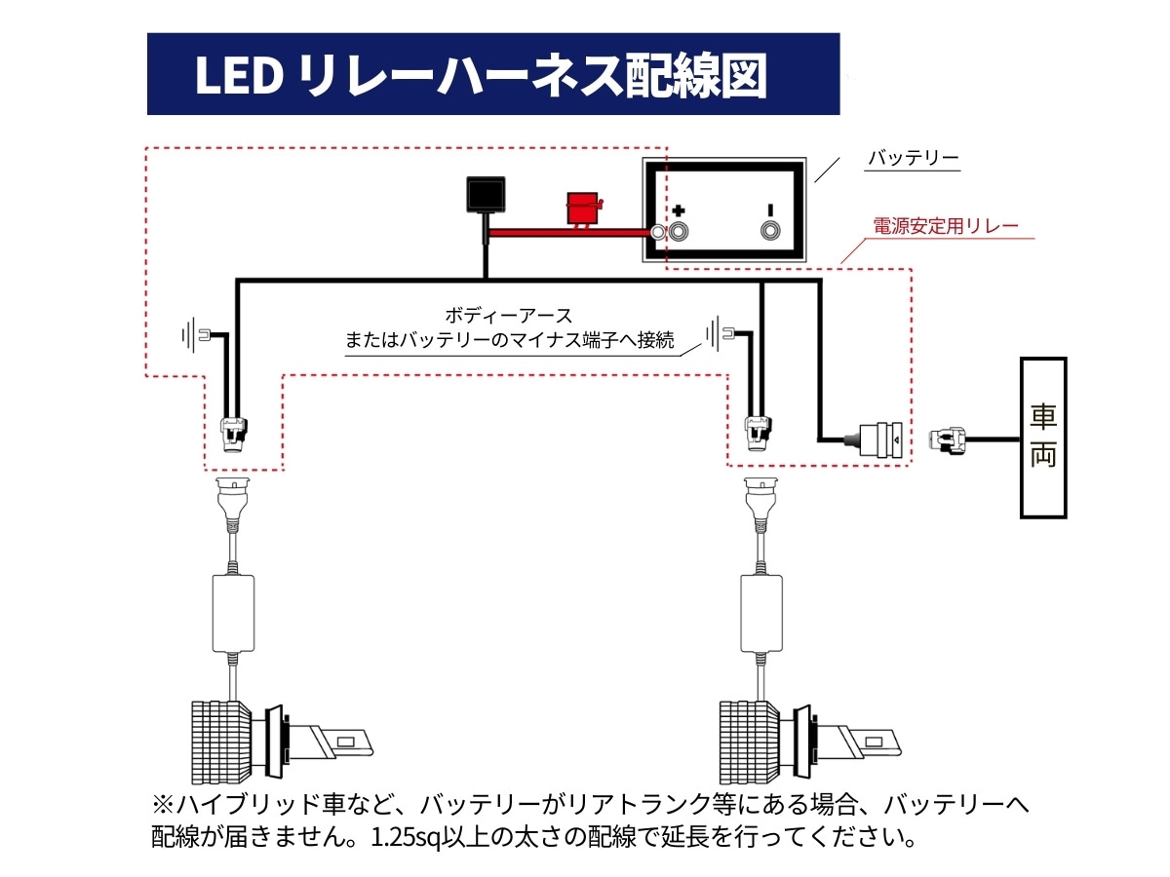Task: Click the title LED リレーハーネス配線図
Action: tap(481, 76)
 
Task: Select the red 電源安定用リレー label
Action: tap(945, 227)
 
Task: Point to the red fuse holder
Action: tap(584, 209)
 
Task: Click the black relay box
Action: tap(486, 194)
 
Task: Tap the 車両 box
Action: tap(1042, 437)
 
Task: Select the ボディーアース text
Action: tap(508, 316)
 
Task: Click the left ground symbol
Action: tap(191, 336)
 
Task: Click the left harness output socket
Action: tap(233, 433)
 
